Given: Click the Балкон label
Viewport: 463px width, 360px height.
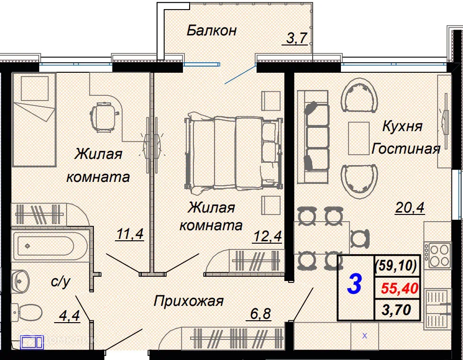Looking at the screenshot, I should click(212, 31).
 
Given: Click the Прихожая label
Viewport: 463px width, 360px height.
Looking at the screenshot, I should click(189, 301).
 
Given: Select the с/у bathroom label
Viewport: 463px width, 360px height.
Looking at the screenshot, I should click(60, 282).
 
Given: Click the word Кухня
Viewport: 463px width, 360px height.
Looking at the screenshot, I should click(402, 126).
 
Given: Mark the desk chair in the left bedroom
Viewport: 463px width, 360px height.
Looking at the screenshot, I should click(104, 117).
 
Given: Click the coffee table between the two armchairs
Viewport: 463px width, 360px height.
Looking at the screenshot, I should click(359, 138).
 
